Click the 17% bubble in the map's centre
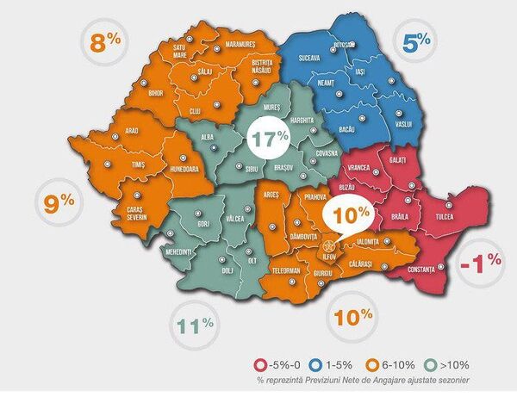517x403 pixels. (x=269, y=136)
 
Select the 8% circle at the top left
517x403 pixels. (x=101, y=43)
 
